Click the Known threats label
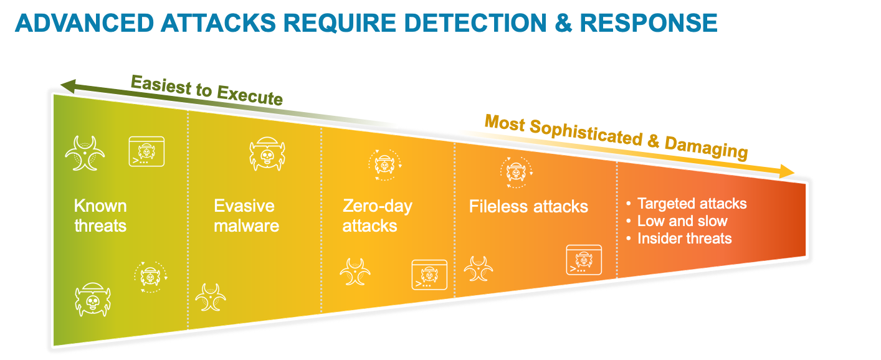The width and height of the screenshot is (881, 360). click(x=100, y=216)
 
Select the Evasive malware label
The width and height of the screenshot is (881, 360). click(x=246, y=216)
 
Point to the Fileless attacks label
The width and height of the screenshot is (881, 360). click(x=528, y=207)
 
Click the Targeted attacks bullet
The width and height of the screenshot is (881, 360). click(x=692, y=204)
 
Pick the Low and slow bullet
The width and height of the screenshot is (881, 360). click(x=682, y=221)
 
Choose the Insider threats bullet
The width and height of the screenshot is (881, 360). click(x=684, y=239)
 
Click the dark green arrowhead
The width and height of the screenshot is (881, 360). click(x=67, y=86)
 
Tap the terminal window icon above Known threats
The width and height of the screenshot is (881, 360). click(x=146, y=151)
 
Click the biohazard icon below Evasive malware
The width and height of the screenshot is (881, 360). click(x=211, y=298)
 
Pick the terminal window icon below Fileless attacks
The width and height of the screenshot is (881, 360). click(x=584, y=260)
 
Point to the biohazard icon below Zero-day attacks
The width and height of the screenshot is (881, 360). click(x=356, y=272)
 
